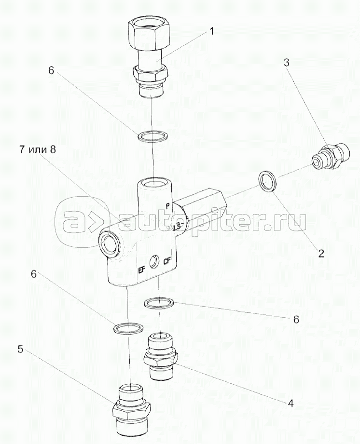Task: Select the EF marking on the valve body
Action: (142, 270)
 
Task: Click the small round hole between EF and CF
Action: (155, 262)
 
